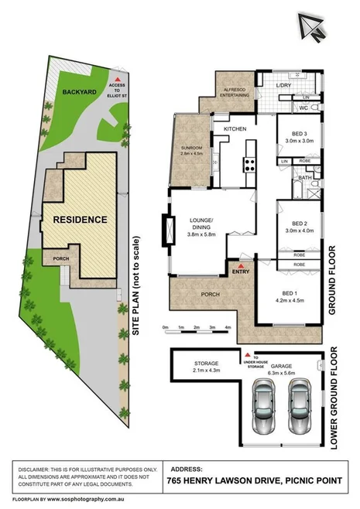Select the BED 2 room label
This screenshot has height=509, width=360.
tap(291, 224)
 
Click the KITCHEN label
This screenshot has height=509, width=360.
tap(235, 128)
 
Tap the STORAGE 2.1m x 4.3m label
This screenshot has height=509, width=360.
tap(196, 367)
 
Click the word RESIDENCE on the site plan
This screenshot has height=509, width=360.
tap(80, 220)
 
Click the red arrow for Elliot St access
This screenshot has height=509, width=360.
tap(115, 80)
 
